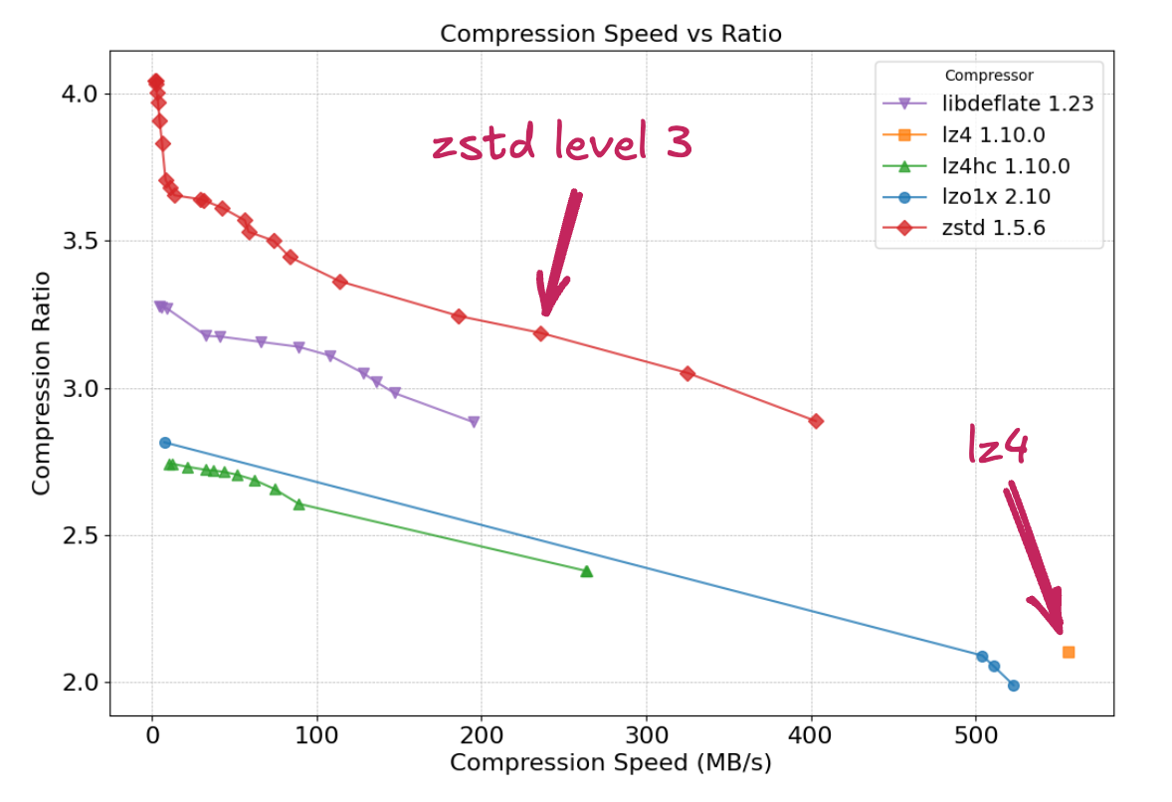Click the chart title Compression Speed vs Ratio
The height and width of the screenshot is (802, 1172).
point(611,34)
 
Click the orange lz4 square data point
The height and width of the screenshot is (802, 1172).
point(1069,652)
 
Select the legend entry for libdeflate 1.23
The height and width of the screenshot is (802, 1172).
point(1018,103)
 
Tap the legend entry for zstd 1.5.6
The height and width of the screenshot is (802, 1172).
point(993,229)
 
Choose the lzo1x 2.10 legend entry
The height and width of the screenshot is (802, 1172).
point(996,197)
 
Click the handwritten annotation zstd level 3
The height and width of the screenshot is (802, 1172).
point(562,145)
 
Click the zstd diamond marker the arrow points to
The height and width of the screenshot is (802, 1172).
point(541,333)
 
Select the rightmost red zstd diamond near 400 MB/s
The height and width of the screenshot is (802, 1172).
point(816,421)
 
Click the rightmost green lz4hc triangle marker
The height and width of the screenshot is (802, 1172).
point(586,571)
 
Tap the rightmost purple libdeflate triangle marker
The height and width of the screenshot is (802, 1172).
point(474,422)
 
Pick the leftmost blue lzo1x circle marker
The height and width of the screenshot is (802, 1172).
point(165,443)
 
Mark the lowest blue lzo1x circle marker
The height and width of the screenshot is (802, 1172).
point(1013,686)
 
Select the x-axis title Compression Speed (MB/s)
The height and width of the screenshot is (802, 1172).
point(611,764)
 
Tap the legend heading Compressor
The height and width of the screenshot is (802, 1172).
point(988,76)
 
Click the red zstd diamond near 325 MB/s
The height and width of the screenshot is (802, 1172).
point(687,373)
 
